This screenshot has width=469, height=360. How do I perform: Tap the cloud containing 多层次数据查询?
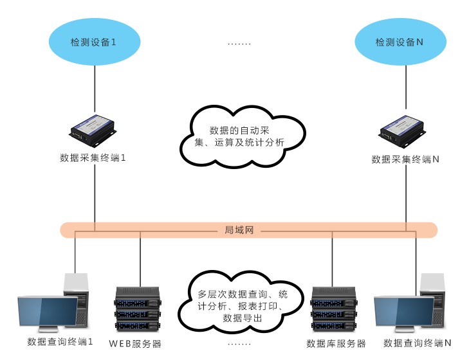[239, 300]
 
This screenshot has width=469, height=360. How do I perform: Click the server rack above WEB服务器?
[138, 309]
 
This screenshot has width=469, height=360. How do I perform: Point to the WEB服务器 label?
[135, 344]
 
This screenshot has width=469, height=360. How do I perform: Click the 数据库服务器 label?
[336, 344]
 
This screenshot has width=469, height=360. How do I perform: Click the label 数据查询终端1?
[60, 342]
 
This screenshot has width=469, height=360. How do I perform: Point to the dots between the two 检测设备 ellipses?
[239, 44]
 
